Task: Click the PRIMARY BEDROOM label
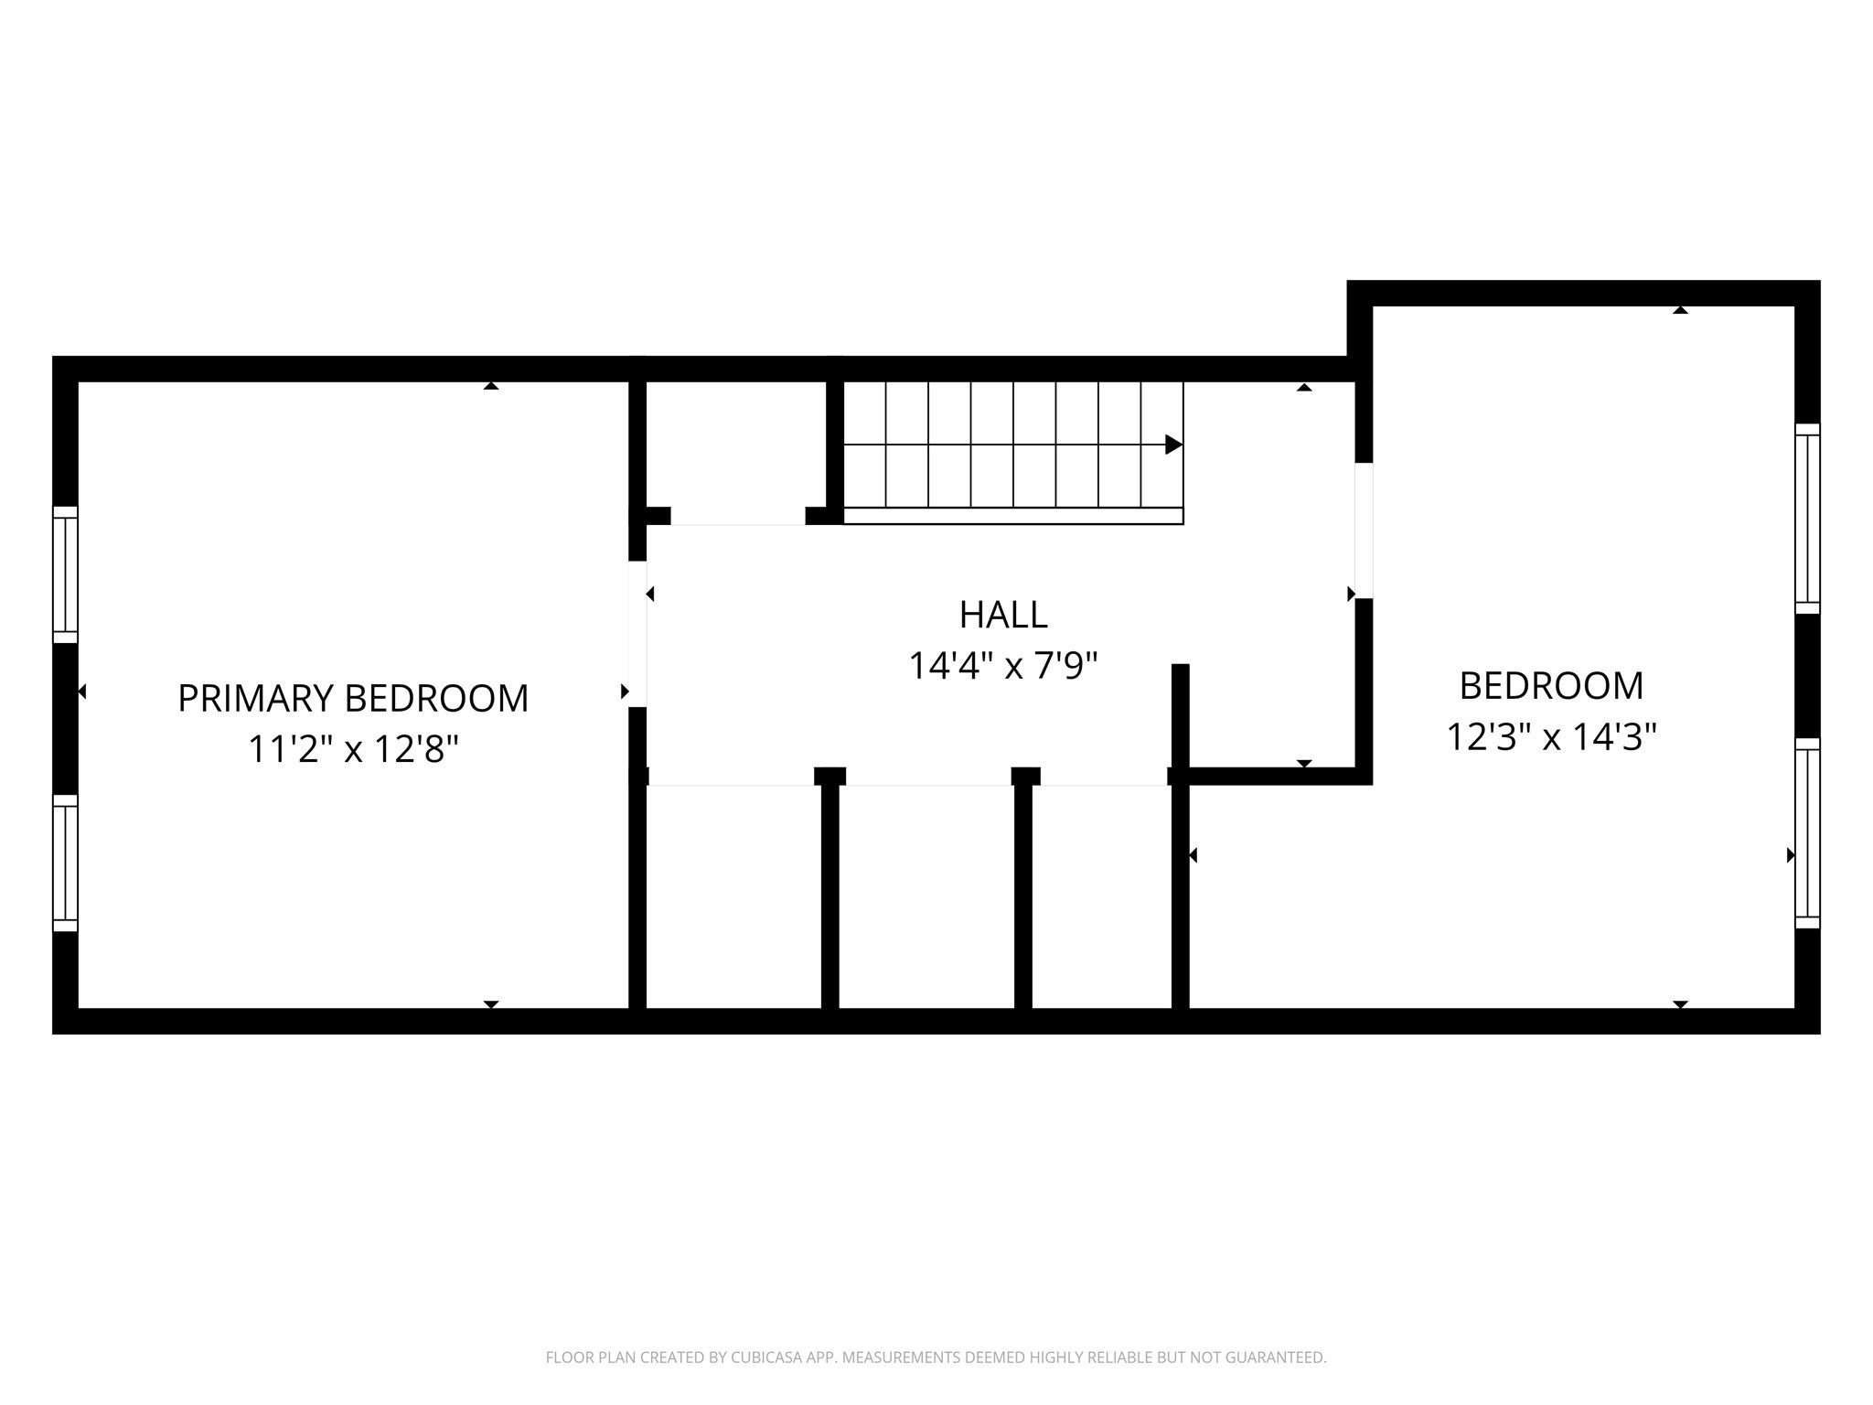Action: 353,699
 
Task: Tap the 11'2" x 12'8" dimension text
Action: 353,750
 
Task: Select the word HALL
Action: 1003,615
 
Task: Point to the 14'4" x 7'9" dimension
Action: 1003,666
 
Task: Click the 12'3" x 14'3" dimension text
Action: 1551,737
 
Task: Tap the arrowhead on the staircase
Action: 1173,445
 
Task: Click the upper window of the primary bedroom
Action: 65,574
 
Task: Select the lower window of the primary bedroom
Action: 65,863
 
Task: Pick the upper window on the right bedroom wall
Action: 1807,519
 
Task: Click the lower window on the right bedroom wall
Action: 1807,833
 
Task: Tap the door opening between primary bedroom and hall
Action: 637,634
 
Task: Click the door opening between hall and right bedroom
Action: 1364,531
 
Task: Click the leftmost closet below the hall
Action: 734,896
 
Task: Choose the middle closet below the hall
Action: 926,896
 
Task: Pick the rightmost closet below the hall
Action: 1102,896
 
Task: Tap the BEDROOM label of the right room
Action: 1551,686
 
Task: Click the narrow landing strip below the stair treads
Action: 1012,516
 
